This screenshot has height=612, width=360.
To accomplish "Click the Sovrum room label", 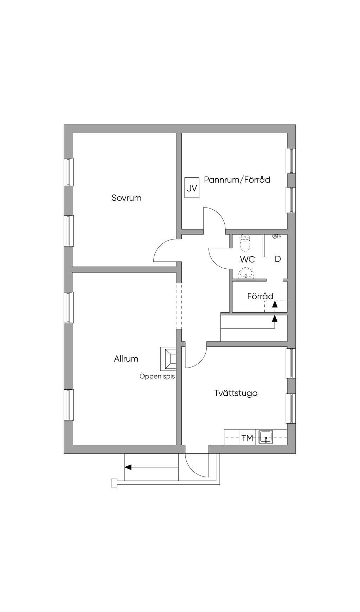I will click(x=127, y=198).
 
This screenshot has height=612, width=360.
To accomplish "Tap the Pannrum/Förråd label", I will click(x=237, y=180).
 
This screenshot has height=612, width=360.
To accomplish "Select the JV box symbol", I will click(x=192, y=189).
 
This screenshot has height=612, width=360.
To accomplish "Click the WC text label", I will click(x=247, y=260).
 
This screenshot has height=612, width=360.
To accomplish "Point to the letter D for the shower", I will click(x=278, y=259).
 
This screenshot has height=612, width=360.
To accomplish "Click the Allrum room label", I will click(x=126, y=359).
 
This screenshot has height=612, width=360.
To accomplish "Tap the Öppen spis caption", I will click(x=157, y=376).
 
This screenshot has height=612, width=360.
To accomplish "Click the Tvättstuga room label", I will click(x=236, y=393).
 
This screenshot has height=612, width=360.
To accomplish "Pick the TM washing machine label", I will click(x=247, y=438).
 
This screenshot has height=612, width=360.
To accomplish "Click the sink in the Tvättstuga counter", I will click(x=266, y=438).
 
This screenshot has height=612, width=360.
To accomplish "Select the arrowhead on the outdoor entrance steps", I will click(x=128, y=467).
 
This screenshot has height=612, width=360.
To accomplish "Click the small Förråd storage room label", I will click(x=260, y=296).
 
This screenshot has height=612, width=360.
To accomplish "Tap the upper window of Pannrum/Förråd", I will click(x=291, y=161).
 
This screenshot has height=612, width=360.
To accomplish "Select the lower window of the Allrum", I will click(x=69, y=404).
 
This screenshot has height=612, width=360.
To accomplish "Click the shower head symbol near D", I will click(x=277, y=237).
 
